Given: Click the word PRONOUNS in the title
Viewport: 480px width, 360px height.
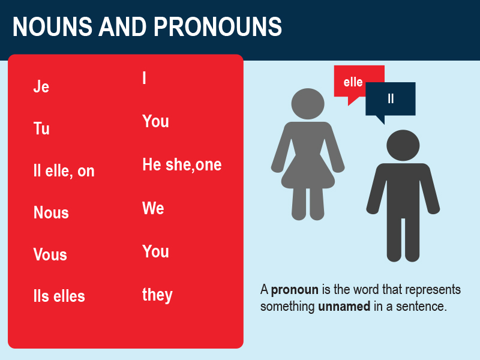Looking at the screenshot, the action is [x=218, y=26].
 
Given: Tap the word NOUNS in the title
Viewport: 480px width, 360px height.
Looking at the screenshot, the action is [x=52, y=26].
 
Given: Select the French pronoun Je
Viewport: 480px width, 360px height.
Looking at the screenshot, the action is [x=41, y=86].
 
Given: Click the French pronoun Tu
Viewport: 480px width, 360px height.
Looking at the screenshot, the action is [x=41, y=128].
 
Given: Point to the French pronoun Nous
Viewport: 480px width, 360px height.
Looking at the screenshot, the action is [x=51, y=212].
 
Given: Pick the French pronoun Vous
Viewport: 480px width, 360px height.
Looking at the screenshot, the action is [x=50, y=254].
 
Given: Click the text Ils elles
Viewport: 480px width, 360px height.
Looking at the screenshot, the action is [x=59, y=296].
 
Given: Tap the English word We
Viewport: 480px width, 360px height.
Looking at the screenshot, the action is [x=153, y=208].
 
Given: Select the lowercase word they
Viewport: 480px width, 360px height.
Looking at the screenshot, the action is [x=157, y=295].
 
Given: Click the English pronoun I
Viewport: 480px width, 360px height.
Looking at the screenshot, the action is [x=144, y=78].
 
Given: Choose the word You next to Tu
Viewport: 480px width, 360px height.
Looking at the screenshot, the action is [x=155, y=121].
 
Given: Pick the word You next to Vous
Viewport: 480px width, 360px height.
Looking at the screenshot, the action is [x=155, y=251].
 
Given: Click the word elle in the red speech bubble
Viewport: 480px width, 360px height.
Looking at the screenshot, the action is [x=353, y=82].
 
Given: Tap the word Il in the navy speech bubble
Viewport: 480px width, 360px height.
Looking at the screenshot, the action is [x=391, y=98].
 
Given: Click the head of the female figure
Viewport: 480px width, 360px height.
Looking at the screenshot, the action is [x=308, y=104].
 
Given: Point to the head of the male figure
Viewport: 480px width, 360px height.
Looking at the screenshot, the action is [x=403, y=145].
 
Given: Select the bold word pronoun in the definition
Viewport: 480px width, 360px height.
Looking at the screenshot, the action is [x=295, y=290].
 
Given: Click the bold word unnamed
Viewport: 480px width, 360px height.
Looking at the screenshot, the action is [x=344, y=306].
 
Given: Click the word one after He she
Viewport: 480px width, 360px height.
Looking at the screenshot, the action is [x=208, y=165].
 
